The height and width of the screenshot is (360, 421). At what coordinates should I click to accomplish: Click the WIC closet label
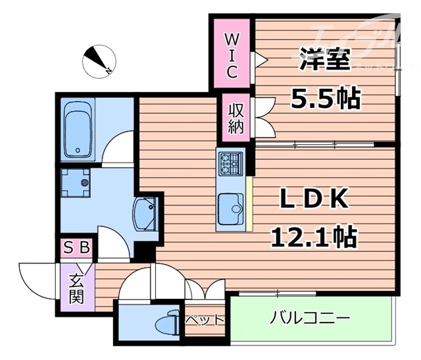232,53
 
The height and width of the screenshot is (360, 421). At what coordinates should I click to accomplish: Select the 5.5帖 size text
325,99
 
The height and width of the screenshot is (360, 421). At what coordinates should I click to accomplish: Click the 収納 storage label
236,117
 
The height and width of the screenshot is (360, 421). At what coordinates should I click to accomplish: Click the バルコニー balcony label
309,319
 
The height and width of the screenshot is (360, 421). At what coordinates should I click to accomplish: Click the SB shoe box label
78,249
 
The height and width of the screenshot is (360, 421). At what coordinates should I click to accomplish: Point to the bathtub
80,131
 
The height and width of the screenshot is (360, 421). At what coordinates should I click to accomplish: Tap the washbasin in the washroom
145,214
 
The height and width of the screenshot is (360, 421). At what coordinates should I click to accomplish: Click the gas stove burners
230,163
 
